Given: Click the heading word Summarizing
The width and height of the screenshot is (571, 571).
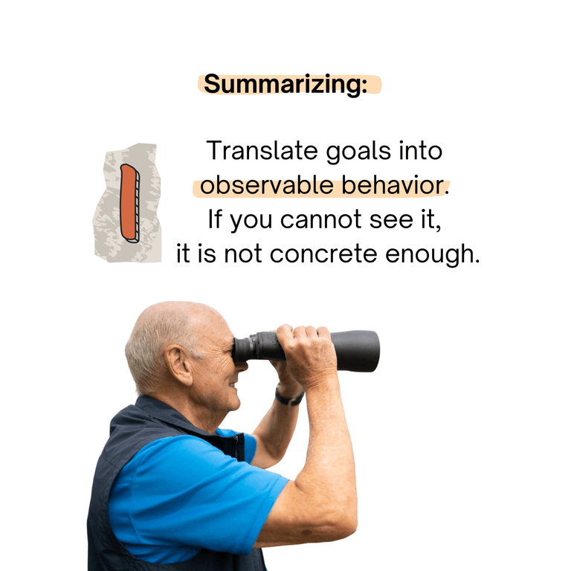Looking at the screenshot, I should pos(285,84).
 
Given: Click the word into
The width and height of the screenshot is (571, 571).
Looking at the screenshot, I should pos(420,151).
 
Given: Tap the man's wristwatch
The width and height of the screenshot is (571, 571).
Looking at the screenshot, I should pos(288,398).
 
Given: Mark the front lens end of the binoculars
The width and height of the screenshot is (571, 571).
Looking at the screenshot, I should pos(372,350).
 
